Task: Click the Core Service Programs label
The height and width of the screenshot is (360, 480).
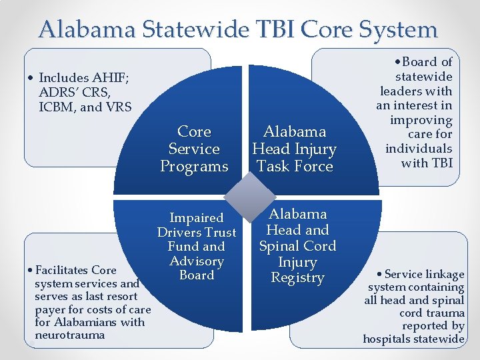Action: [x=194, y=149]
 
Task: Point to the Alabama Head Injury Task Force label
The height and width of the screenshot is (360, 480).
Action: [x=294, y=149]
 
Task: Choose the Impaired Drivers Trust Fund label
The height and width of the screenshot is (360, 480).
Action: [x=196, y=246]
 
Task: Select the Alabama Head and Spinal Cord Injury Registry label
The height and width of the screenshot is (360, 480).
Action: [x=297, y=245]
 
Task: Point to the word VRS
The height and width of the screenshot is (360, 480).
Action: [x=117, y=107]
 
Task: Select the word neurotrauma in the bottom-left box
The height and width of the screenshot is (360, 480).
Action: [x=69, y=335]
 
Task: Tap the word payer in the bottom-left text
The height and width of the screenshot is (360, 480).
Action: [x=49, y=309]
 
